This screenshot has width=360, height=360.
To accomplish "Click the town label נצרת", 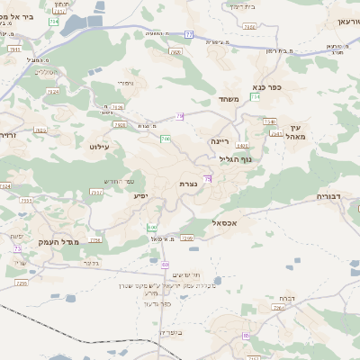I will tap(189, 183).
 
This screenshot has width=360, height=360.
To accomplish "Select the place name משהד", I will tap(228, 98).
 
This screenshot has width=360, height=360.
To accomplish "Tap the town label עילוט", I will tap(100, 144).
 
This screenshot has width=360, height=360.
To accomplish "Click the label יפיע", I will tap(140, 195).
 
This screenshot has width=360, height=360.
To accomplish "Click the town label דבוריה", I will tap(330, 195).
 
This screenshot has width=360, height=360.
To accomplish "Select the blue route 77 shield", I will tap(189, 34).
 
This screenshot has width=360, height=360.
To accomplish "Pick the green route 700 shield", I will tap(165, 139).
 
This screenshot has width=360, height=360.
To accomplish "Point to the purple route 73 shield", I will tap(208, 180).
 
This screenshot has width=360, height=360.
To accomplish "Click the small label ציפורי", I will tap(125, 83).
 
